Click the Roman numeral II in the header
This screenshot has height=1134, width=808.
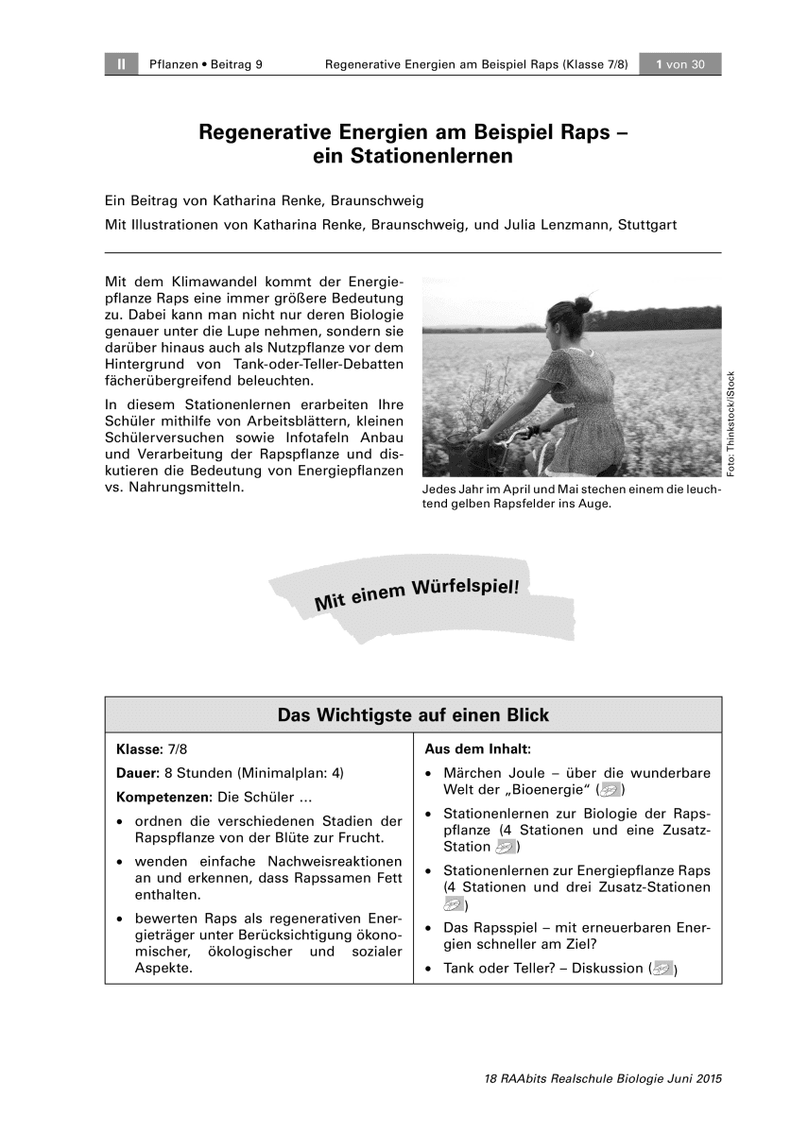pos(121,64)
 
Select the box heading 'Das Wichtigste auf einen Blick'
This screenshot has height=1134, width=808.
pos(413,715)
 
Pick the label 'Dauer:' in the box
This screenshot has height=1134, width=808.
pos(137,772)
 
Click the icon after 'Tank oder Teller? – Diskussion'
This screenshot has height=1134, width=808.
pos(664,968)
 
